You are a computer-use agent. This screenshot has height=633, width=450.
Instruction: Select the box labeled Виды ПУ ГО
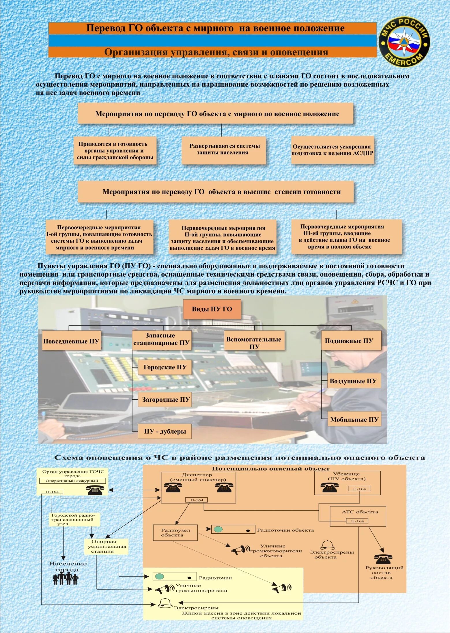(212, 309)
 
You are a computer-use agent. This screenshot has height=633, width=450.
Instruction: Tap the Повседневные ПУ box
(71, 341)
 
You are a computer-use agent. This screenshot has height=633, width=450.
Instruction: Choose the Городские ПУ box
(165, 367)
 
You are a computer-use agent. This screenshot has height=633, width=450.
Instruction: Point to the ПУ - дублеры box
(165, 431)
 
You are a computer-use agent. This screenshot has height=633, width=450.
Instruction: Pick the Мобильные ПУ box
(354, 420)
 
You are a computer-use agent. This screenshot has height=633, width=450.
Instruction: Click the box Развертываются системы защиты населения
(223, 150)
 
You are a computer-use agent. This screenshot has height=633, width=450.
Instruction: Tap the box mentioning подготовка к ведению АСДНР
(332, 150)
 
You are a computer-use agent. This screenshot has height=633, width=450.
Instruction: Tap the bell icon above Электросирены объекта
(327, 545)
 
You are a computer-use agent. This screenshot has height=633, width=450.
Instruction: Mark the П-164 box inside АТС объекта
(357, 521)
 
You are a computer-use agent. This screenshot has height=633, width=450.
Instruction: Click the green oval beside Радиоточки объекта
(218, 529)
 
